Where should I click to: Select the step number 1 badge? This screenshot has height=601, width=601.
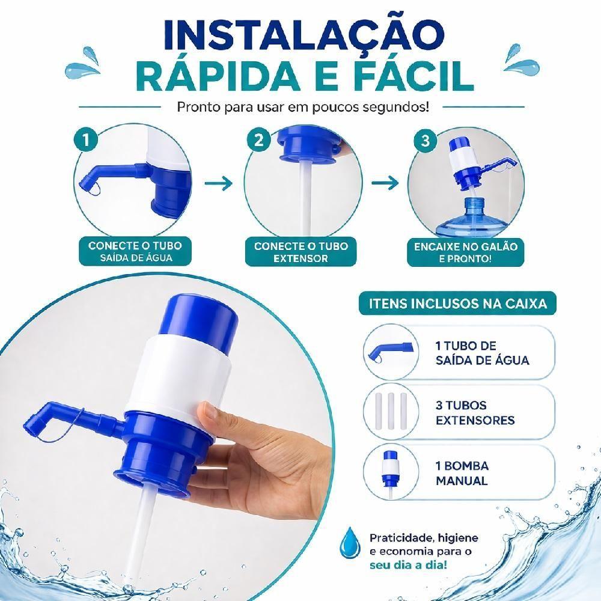coord(86,139)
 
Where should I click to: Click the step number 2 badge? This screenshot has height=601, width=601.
coord(258,140)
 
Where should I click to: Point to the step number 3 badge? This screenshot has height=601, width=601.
coord(426,141)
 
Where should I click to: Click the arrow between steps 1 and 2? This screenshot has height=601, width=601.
coord(219,183)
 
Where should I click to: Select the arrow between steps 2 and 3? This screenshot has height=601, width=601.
coord(385,183)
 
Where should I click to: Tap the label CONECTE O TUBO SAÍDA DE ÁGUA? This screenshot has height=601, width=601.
coord(135,251)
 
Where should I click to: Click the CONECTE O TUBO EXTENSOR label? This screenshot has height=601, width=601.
coord(301,252)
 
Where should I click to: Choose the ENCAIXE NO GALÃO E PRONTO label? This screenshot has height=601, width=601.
coord(465,252)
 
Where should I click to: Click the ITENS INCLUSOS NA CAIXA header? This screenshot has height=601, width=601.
coord(457,304)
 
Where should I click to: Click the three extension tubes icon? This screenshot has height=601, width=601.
coord(391,411)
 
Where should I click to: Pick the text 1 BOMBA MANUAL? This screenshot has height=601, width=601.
coord(462,473)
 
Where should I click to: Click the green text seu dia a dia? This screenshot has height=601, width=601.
coord(408,566)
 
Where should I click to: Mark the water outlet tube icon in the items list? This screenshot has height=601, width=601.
coord(390,352)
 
